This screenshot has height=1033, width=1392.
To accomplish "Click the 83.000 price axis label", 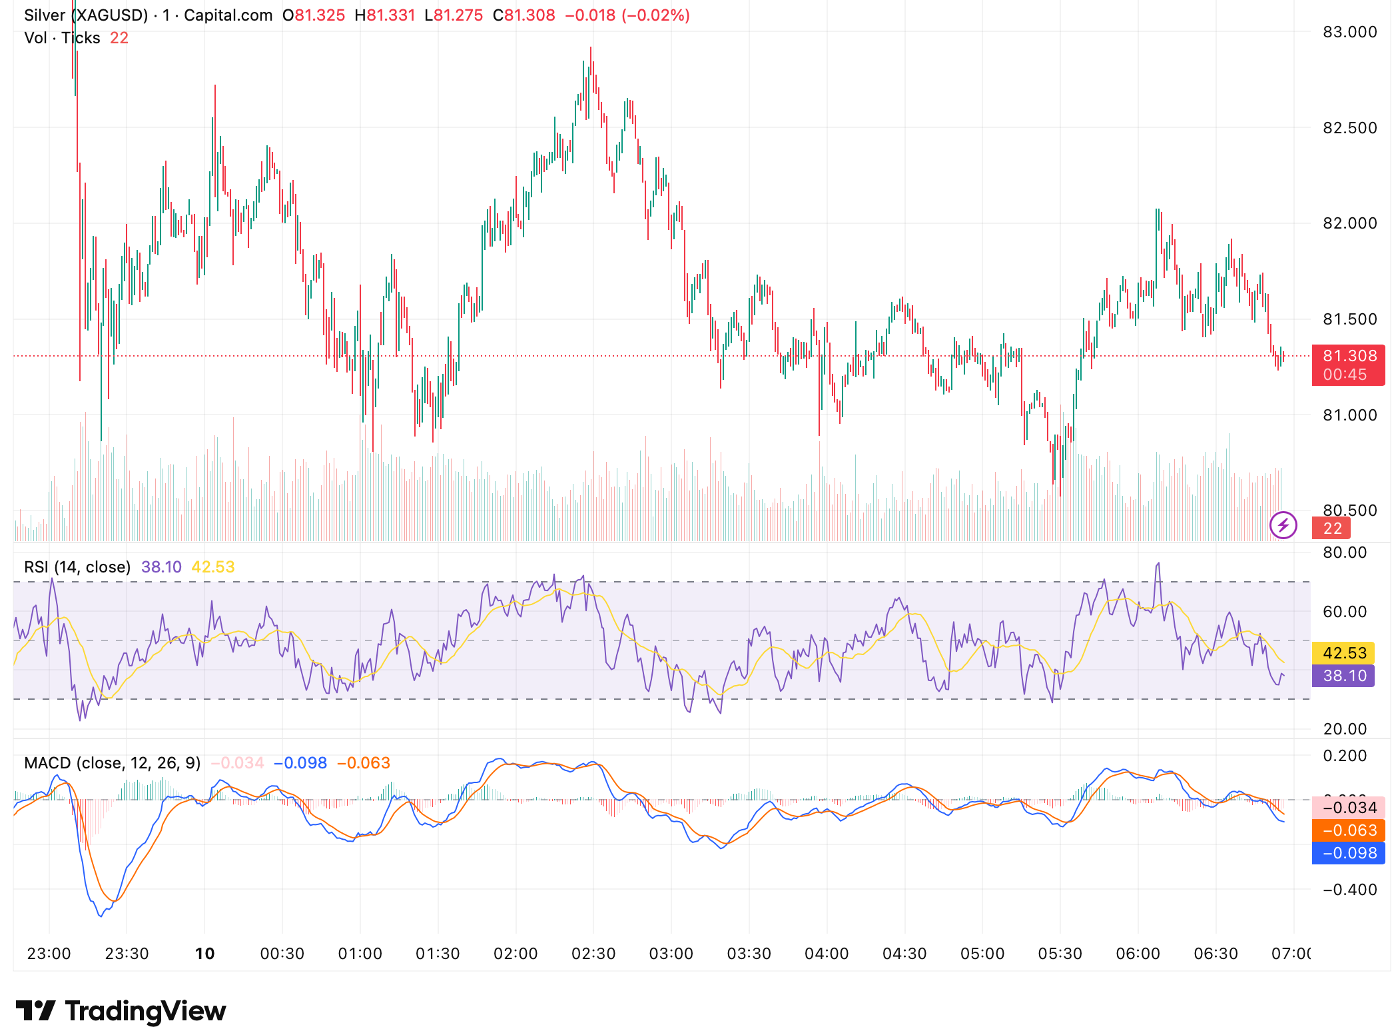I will [1349, 32].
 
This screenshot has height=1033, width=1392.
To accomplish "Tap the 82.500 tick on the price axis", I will [1349, 128].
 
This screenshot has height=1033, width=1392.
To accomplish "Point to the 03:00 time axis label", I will [671, 954].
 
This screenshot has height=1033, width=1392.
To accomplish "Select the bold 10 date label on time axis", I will [204, 954].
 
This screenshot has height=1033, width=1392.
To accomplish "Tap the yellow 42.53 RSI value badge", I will [1344, 653].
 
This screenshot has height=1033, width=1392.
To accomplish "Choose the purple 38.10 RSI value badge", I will [1344, 676].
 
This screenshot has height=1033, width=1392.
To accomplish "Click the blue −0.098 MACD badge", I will [1349, 853].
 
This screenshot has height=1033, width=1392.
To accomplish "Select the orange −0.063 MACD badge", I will [1349, 830].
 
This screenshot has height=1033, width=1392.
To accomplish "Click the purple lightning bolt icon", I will [1283, 525].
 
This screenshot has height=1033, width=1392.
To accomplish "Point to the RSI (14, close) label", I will [77, 567].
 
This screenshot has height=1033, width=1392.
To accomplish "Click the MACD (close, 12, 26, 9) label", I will [112, 763].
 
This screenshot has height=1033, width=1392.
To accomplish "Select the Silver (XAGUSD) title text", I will [86, 15].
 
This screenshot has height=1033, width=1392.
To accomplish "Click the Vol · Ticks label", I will [62, 38].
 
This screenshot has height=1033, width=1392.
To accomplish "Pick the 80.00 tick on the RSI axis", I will [1344, 552].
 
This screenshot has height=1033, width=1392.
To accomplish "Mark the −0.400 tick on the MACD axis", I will [1349, 890].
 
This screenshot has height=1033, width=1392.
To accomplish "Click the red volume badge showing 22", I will [1331, 528].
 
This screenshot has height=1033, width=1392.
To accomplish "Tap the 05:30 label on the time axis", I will [1060, 954].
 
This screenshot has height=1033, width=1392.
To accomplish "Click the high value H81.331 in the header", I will [385, 15].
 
